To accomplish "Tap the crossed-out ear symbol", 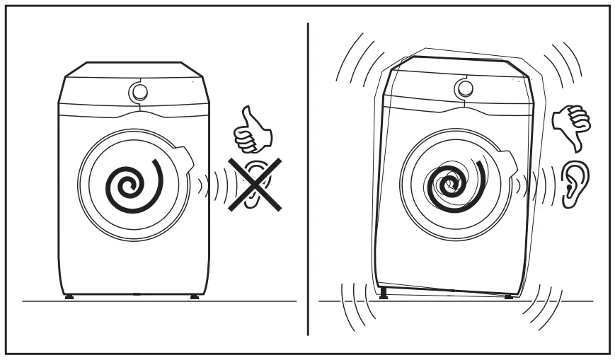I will coord(253,184).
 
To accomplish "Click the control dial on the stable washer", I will coord(139,91).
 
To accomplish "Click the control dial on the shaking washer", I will coord(464,88).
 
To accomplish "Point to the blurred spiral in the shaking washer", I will coord(453,185).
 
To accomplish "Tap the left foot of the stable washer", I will coord(69,296).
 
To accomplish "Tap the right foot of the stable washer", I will coord(193,296).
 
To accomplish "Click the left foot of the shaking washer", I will coord(383,291).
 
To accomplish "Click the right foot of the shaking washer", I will coord(508,295).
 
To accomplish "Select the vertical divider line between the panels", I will coord(307,177).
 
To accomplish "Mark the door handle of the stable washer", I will coord(185,155).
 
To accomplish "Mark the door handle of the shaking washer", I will coord(505,153).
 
